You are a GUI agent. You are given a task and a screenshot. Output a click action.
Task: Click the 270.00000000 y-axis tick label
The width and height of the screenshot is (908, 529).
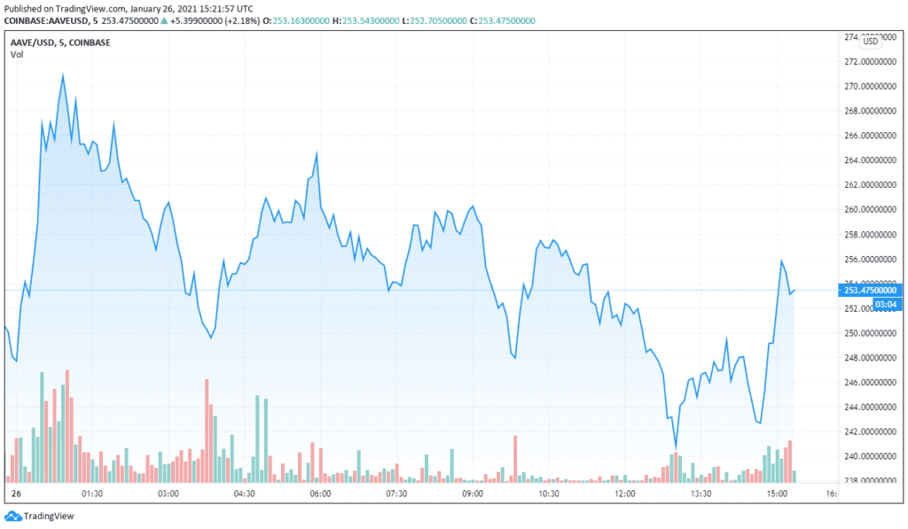coord(869,87)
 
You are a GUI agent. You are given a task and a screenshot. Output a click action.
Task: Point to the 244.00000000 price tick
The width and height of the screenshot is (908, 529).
coord(869,408)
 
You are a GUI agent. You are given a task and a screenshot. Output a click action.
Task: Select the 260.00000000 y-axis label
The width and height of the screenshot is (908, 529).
coord(869,210)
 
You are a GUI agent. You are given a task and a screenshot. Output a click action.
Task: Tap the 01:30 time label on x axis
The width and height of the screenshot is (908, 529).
coord(92,494)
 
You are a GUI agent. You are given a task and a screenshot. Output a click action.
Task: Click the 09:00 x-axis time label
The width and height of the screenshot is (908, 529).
coord(472,494)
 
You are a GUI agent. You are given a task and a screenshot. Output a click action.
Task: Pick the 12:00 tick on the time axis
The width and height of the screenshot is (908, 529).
coord(624,494)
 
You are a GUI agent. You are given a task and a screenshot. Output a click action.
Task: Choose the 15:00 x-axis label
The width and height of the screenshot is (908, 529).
coord(777,494)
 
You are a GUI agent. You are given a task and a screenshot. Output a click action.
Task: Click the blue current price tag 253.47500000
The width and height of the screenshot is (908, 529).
coord(871,290)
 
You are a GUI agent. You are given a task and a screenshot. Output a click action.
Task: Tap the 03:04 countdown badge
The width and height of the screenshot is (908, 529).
coord(886,304)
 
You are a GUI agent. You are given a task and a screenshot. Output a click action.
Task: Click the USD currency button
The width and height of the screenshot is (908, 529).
coord(871,41)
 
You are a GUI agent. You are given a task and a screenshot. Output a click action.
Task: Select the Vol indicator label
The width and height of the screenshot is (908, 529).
coord(17,55)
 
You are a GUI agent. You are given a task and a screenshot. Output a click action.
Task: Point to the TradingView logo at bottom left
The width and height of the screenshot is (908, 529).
coord(40,516)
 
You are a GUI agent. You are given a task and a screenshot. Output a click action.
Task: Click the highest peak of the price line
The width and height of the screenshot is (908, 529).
coord(63,74)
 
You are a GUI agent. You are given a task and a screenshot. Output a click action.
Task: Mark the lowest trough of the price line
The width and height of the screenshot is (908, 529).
coord(676,448)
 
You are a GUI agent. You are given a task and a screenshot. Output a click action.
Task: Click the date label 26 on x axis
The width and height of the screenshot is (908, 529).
coord(15,494)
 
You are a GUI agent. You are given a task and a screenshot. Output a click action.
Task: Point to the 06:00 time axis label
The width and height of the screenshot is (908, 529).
coord(320,494)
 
